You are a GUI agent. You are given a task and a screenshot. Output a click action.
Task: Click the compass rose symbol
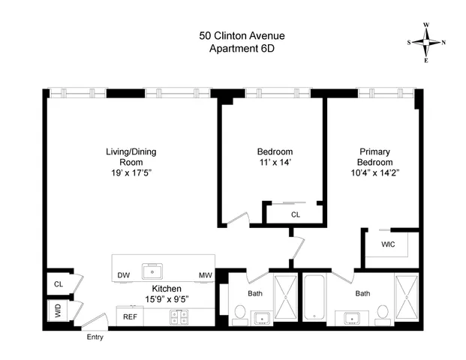point(426,42)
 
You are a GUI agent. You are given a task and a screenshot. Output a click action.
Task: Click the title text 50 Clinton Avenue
point(231,35)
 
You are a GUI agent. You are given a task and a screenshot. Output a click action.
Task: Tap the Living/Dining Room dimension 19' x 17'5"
point(131,173)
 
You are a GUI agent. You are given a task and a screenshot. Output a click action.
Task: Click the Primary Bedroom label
point(375,157)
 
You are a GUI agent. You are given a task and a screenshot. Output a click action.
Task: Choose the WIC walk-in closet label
point(388,244)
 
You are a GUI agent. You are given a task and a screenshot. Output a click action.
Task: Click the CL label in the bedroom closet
point(296,214)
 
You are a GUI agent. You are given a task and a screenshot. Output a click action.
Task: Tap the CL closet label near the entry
point(58,284)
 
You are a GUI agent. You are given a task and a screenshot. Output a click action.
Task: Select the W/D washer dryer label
point(58,310)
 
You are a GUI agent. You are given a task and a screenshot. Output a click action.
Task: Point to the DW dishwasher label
point(124,275)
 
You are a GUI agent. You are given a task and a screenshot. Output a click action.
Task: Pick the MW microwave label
point(204,275)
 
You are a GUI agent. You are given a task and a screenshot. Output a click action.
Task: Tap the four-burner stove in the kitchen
point(180,317)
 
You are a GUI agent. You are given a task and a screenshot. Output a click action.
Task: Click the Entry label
point(95,337)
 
